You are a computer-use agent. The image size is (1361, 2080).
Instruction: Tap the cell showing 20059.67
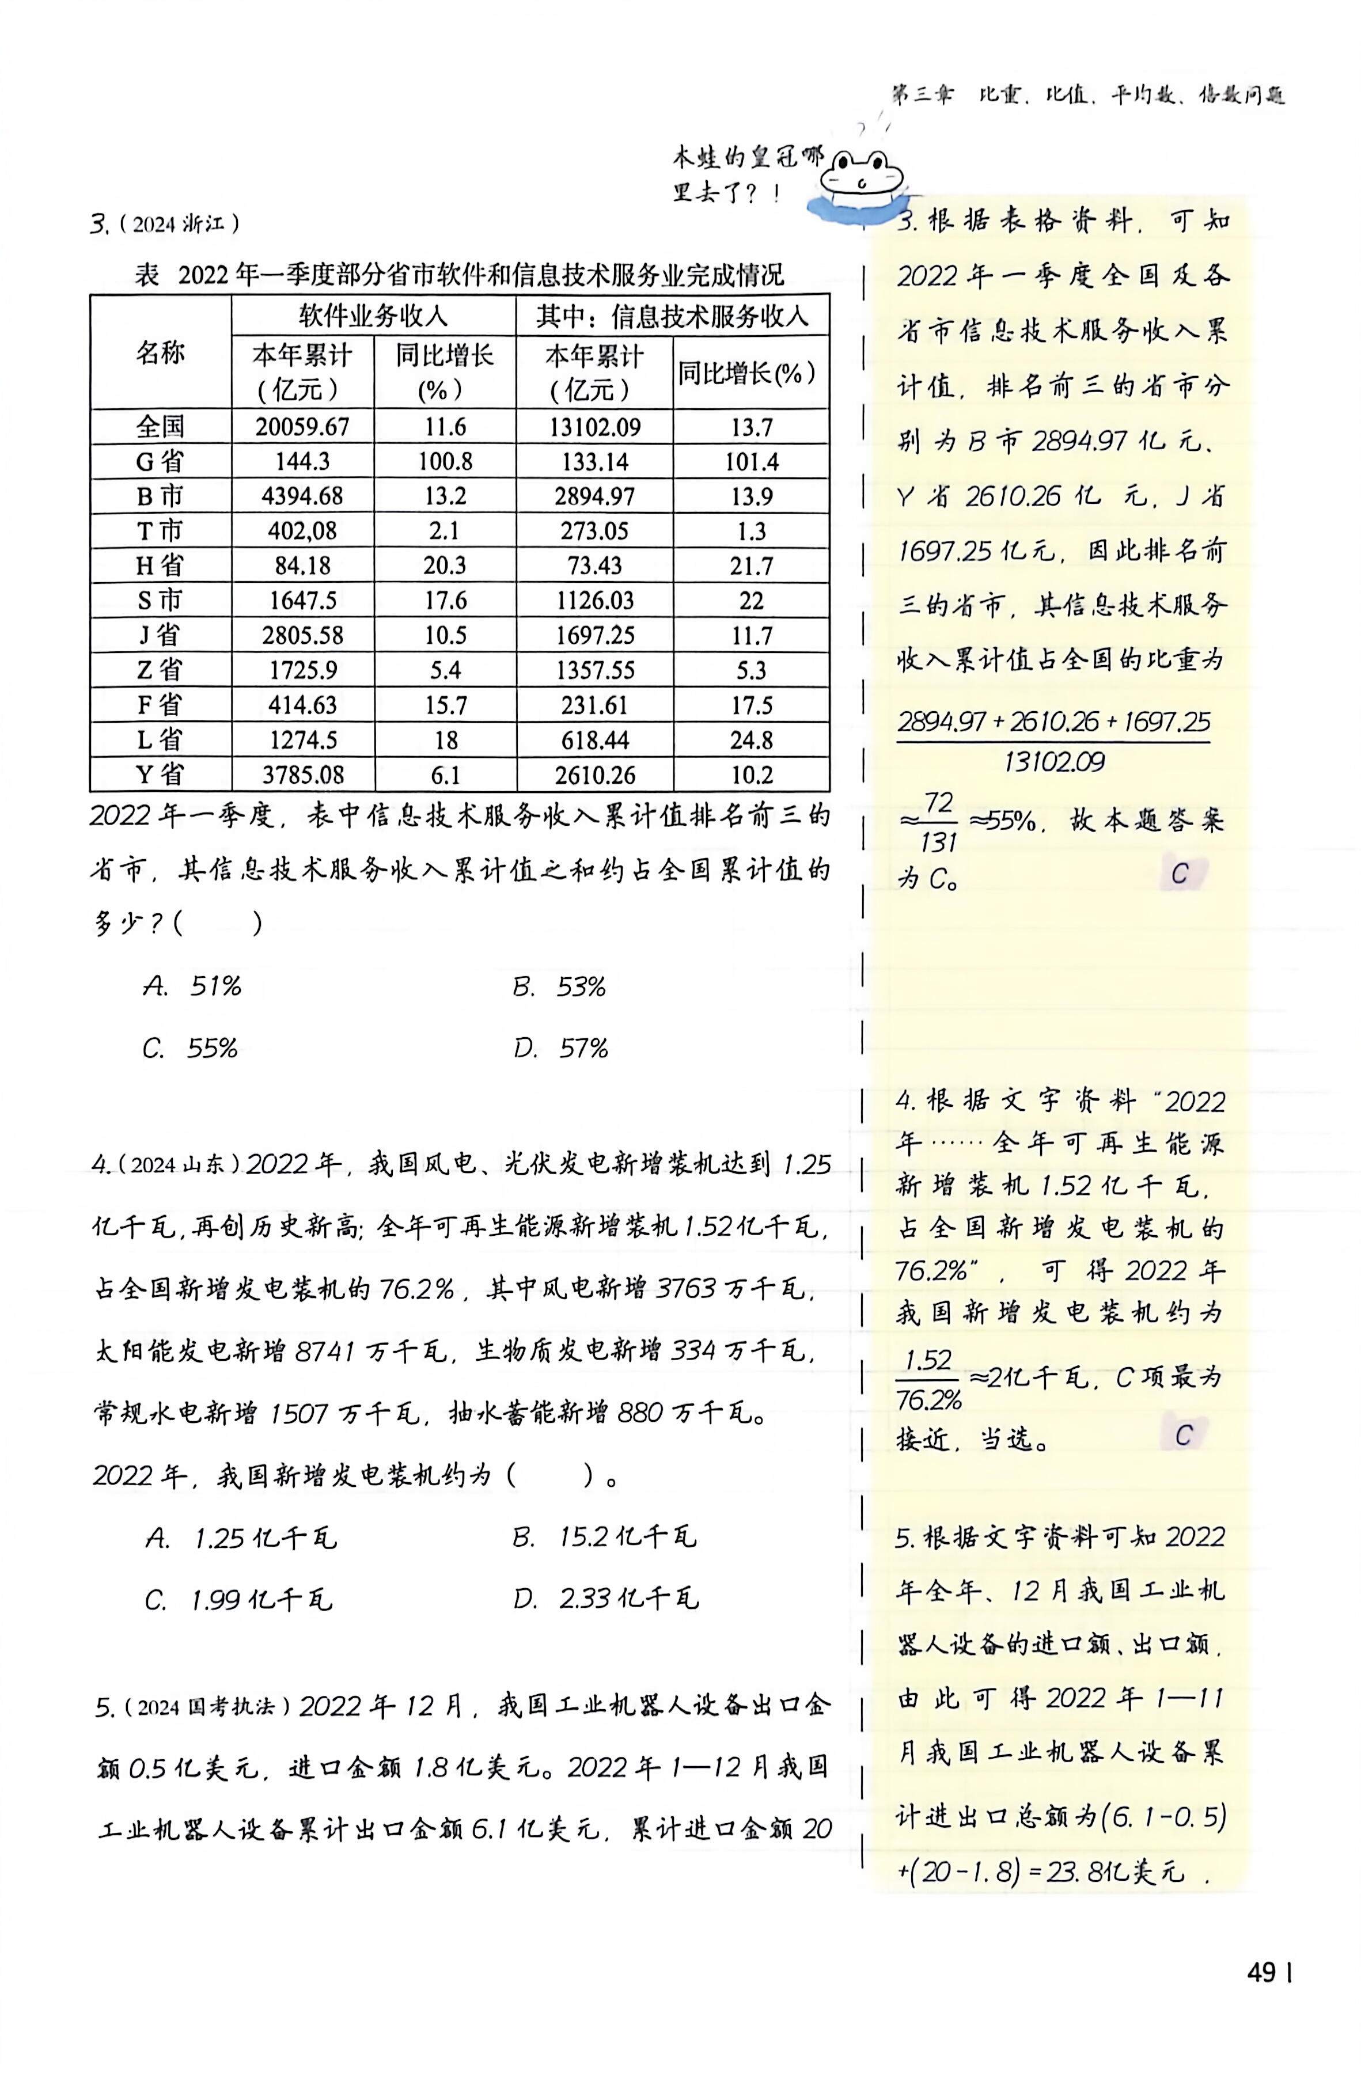click(x=302, y=427)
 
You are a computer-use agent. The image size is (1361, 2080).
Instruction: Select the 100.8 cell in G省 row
click(x=445, y=461)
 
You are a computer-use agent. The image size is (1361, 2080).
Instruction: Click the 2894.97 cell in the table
click(x=594, y=496)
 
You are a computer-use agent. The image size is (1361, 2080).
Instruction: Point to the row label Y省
click(x=160, y=775)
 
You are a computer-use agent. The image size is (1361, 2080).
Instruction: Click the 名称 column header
click(x=160, y=353)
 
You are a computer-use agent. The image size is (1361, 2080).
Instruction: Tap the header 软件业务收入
click(x=373, y=316)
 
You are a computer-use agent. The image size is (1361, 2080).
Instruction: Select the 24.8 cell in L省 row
click(x=751, y=740)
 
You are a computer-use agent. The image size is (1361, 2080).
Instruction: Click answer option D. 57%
click(x=560, y=1048)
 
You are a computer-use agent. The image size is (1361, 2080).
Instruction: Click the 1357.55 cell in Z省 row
click(x=594, y=670)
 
